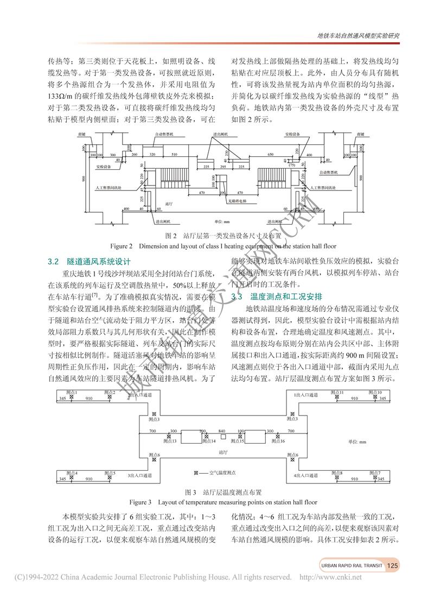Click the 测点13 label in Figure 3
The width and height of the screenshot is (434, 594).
click(x=171, y=441)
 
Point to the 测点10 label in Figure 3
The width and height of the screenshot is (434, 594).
click(x=375, y=392)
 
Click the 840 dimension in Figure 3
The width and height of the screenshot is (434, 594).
click(x=222, y=431)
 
